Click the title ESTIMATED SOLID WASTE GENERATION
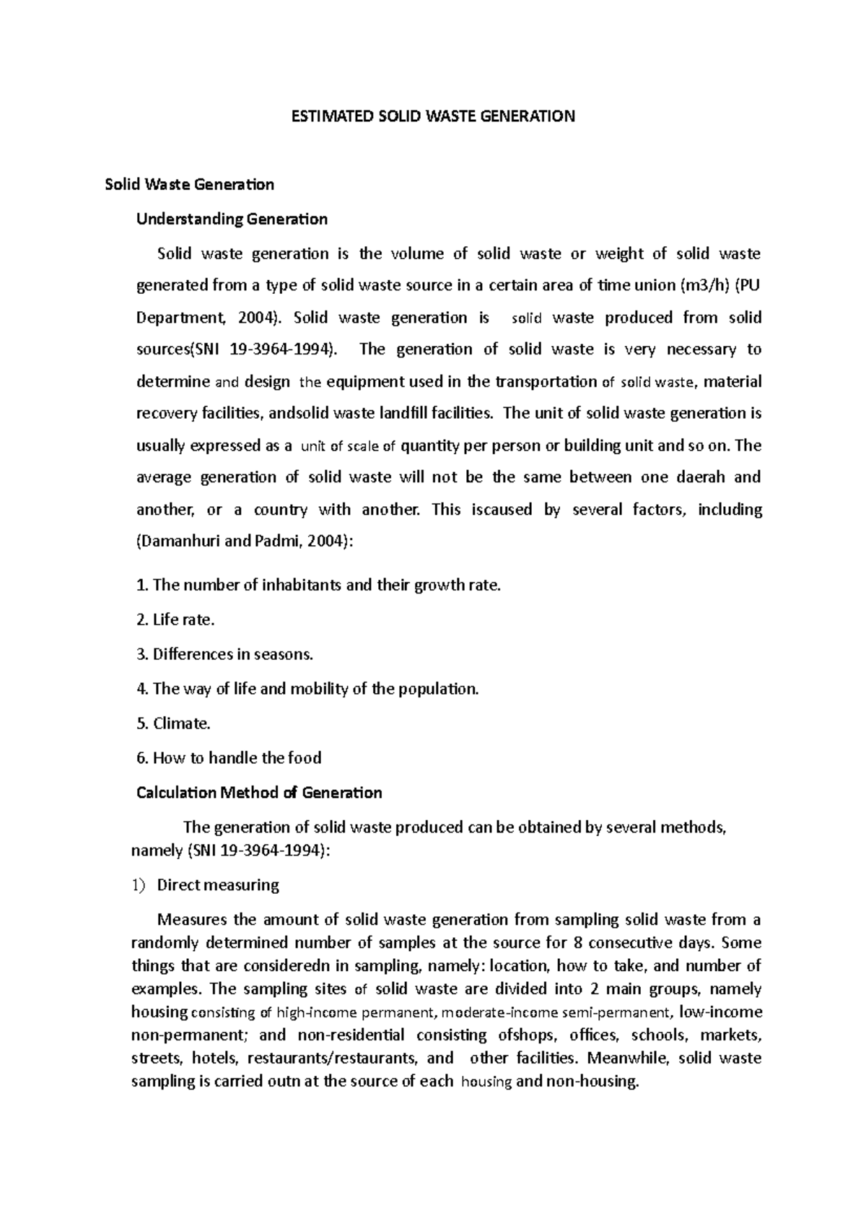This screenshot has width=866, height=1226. click(x=432, y=116)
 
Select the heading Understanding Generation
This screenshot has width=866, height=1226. click(x=232, y=219)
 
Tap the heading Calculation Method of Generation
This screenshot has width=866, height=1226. click(x=259, y=793)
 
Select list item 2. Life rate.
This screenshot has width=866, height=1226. click(x=175, y=619)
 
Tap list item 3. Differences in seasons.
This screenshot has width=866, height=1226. click(x=224, y=654)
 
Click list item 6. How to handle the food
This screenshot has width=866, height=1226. click(x=229, y=758)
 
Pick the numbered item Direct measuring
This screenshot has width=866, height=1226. click(x=217, y=885)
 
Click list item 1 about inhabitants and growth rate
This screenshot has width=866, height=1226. click(x=318, y=585)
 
